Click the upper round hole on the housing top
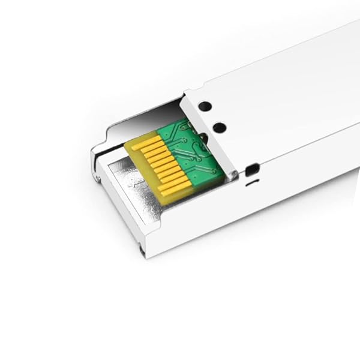[205, 106]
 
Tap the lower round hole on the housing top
[220, 127]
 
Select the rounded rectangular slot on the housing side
[252, 169]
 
